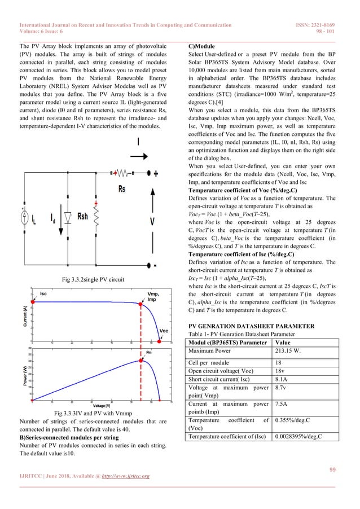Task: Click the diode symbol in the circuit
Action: pos(67,200)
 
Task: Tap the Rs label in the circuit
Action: pos(121,190)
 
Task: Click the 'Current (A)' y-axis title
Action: pos(24,315)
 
